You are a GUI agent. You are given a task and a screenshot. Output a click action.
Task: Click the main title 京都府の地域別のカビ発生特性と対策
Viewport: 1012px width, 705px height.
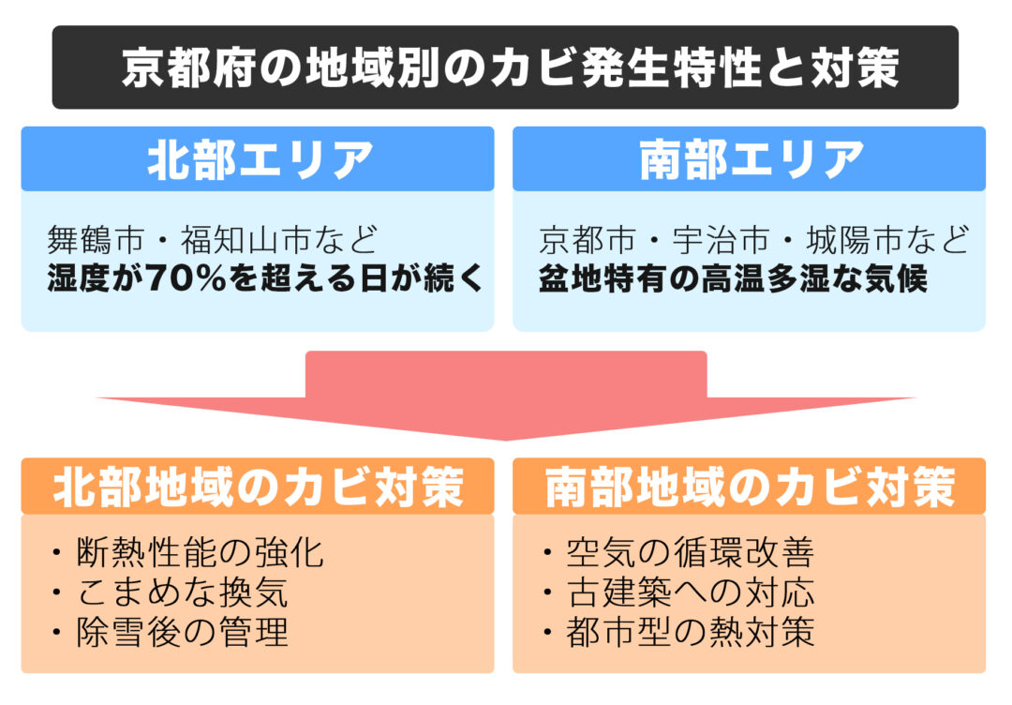click(511, 67)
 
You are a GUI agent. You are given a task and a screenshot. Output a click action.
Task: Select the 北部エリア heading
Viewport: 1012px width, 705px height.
click(260, 159)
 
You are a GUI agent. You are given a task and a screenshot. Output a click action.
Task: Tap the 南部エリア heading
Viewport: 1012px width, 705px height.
click(752, 159)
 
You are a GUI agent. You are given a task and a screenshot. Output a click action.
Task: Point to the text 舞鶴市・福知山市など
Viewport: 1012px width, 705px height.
click(213, 240)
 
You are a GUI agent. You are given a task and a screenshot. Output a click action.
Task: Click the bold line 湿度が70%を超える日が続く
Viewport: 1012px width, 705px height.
click(265, 278)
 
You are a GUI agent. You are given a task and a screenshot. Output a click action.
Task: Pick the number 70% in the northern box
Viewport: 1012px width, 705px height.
click(186, 278)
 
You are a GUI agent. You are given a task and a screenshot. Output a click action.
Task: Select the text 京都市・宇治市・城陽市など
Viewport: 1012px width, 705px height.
click(753, 240)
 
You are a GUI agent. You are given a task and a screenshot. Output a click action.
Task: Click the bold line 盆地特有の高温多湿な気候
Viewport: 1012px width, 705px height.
click(733, 278)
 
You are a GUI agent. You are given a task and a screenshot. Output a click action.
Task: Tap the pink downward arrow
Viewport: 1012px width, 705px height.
click(506, 395)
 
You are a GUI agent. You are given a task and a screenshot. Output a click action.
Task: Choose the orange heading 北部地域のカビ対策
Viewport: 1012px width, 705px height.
click(259, 487)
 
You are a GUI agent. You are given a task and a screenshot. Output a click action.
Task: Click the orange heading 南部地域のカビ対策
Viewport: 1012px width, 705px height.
click(750, 487)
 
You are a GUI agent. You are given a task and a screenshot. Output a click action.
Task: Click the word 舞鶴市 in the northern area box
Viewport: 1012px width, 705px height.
click(96, 240)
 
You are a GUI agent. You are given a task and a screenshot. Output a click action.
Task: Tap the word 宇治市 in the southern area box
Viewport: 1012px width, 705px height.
click(721, 240)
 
